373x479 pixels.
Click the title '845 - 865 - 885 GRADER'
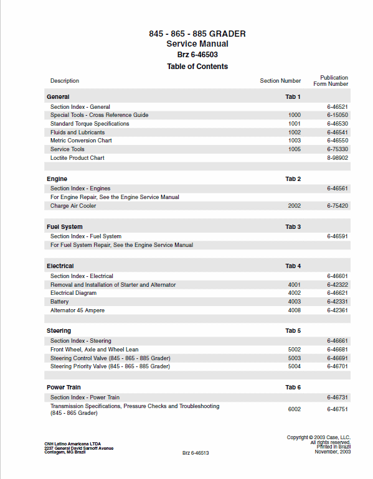click(x=197, y=34)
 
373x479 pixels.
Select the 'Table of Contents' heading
click(x=197, y=67)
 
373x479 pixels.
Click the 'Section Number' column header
click(x=280, y=81)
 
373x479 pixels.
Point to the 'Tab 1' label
click(x=293, y=97)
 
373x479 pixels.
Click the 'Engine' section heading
click(x=57, y=179)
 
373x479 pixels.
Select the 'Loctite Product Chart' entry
click(x=77, y=158)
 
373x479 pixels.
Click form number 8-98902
click(x=337, y=158)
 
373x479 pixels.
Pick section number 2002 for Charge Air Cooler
click(x=294, y=206)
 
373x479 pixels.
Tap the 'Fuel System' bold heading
click(x=64, y=227)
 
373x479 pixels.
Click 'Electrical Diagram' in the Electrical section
click(x=73, y=293)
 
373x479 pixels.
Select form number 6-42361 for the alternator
click(x=337, y=310)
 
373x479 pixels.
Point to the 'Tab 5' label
click(x=293, y=331)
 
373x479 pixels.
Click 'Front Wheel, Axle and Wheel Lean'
click(x=94, y=350)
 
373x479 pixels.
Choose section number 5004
click(x=294, y=366)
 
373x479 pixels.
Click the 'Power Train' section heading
click(x=64, y=388)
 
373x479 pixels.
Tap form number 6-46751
click(x=337, y=409)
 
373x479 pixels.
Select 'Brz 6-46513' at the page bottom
click(x=196, y=453)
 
